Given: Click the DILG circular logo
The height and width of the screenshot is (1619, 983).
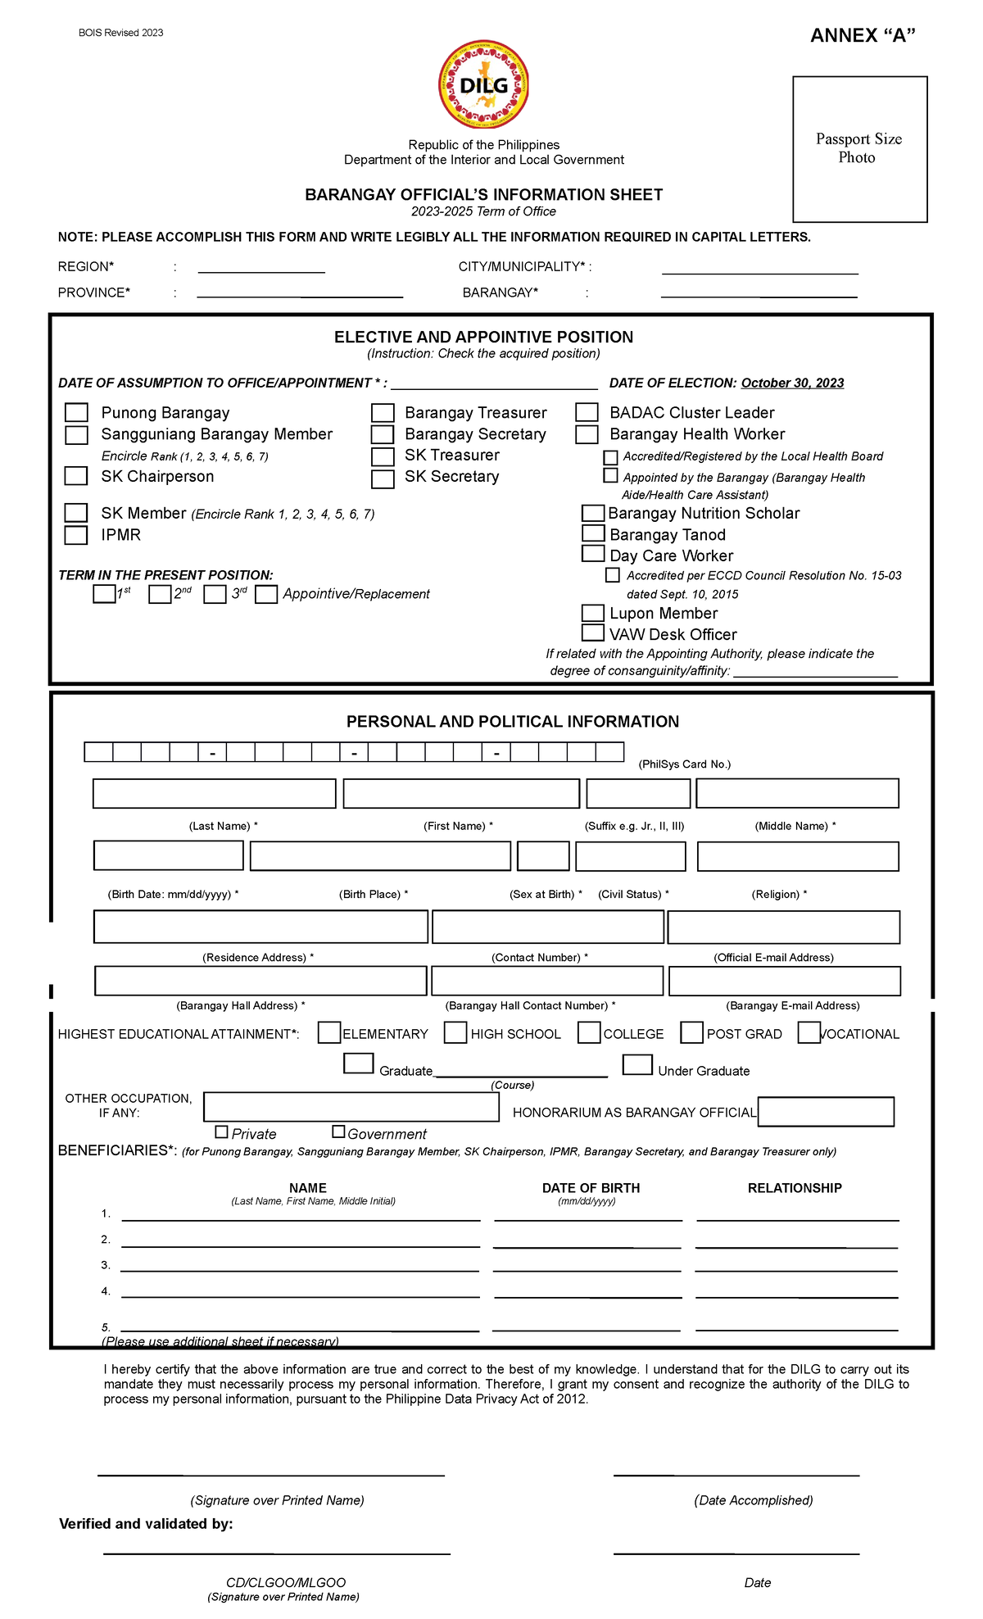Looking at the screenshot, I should [x=483, y=84].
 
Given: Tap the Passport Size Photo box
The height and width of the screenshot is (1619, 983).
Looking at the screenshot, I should [x=859, y=149].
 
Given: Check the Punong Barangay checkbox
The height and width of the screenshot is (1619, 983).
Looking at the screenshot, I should [x=76, y=412].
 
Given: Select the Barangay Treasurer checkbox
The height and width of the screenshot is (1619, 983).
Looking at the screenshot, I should [x=383, y=412].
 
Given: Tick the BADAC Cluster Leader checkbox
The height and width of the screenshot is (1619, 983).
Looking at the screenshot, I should [x=587, y=412].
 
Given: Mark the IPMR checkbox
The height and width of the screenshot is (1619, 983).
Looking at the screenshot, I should [x=76, y=535].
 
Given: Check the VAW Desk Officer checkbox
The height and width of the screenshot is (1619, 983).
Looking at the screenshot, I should [x=592, y=633].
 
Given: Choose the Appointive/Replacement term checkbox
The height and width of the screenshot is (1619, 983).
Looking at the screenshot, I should [x=266, y=594].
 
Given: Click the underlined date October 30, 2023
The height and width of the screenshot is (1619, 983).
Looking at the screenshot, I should [x=792, y=383].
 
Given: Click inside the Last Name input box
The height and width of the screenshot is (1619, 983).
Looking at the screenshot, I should [x=214, y=793].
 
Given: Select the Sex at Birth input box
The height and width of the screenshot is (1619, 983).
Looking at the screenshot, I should [x=543, y=856].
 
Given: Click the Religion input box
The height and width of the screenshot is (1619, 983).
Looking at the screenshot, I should [x=797, y=856].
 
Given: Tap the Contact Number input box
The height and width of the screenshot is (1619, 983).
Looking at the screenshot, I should [x=547, y=927].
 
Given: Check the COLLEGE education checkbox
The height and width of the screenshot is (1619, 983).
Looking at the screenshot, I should [x=589, y=1033].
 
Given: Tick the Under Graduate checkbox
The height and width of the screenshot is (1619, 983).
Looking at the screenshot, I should [x=637, y=1065].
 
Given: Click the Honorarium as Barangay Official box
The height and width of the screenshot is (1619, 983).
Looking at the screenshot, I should [x=826, y=1112].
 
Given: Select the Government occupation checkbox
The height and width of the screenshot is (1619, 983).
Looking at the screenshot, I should [x=338, y=1132].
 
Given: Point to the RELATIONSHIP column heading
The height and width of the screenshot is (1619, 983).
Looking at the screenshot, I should [x=794, y=1188].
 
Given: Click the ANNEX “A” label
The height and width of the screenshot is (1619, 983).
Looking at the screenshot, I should [x=863, y=35].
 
